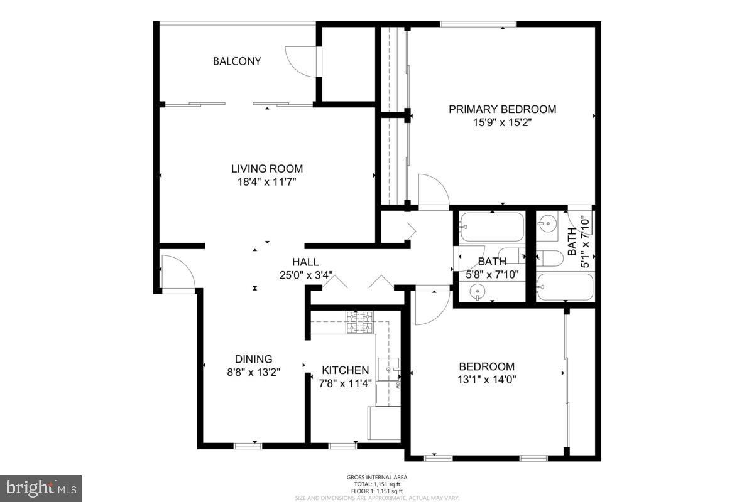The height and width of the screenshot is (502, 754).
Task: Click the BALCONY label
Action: tap(237, 61)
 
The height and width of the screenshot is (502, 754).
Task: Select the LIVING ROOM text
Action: tap(267, 169)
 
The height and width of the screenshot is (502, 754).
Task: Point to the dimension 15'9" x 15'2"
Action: tap(503, 123)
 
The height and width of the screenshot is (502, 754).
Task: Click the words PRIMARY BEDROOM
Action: tap(502, 109)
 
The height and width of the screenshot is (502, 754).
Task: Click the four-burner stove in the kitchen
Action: tap(359, 322)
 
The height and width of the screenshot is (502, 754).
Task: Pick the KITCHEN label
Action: tap(345, 370)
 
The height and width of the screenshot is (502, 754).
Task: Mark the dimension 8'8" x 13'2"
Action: tap(254, 371)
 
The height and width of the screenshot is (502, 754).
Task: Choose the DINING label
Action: tap(254, 359)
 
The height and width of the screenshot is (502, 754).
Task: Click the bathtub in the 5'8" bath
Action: tap(491, 227)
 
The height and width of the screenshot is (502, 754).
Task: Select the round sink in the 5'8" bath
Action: tap(480, 292)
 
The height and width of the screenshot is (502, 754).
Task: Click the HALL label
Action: tap(305, 262)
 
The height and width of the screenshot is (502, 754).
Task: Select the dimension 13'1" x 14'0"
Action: tap(487, 379)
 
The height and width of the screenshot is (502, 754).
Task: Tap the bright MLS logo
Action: tap(41, 488)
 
